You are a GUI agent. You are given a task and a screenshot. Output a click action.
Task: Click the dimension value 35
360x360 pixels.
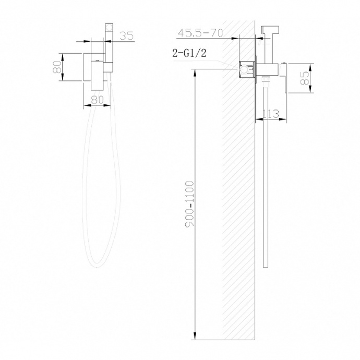(126, 35)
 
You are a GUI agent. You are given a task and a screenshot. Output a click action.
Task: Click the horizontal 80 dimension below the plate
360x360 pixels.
(97, 99)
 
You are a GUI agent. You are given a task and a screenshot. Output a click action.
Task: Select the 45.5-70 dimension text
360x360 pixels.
(200, 33)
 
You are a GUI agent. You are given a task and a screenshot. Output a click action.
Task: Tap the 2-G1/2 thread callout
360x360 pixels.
(189, 52)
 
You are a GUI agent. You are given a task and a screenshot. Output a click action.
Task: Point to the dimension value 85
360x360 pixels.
(306, 78)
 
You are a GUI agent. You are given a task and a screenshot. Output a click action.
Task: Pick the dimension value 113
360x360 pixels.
(272, 114)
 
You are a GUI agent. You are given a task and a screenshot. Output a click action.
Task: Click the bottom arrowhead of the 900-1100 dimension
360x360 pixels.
(195, 336)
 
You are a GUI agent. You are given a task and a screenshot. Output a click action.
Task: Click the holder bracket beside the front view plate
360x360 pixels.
(108, 67)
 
